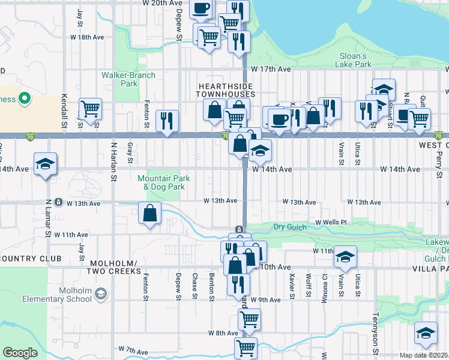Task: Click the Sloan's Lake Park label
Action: pyautogui.click(x=352, y=59)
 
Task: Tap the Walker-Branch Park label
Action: pyautogui.click(x=128, y=79)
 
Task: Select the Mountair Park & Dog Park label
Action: pyautogui.click(x=164, y=182)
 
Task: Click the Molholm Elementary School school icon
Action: pyautogui.click(x=101, y=294)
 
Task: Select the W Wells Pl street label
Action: pyautogui.click(x=327, y=222)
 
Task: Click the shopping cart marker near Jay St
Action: pyautogui.click(x=90, y=109)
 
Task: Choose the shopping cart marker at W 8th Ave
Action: pyautogui.click(x=249, y=320)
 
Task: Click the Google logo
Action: pyautogui.click(x=19, y=353)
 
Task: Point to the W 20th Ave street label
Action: pyautogui.click(x=162, y=4)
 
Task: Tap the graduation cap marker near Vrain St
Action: pyautogui.click(x=345, y=256)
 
